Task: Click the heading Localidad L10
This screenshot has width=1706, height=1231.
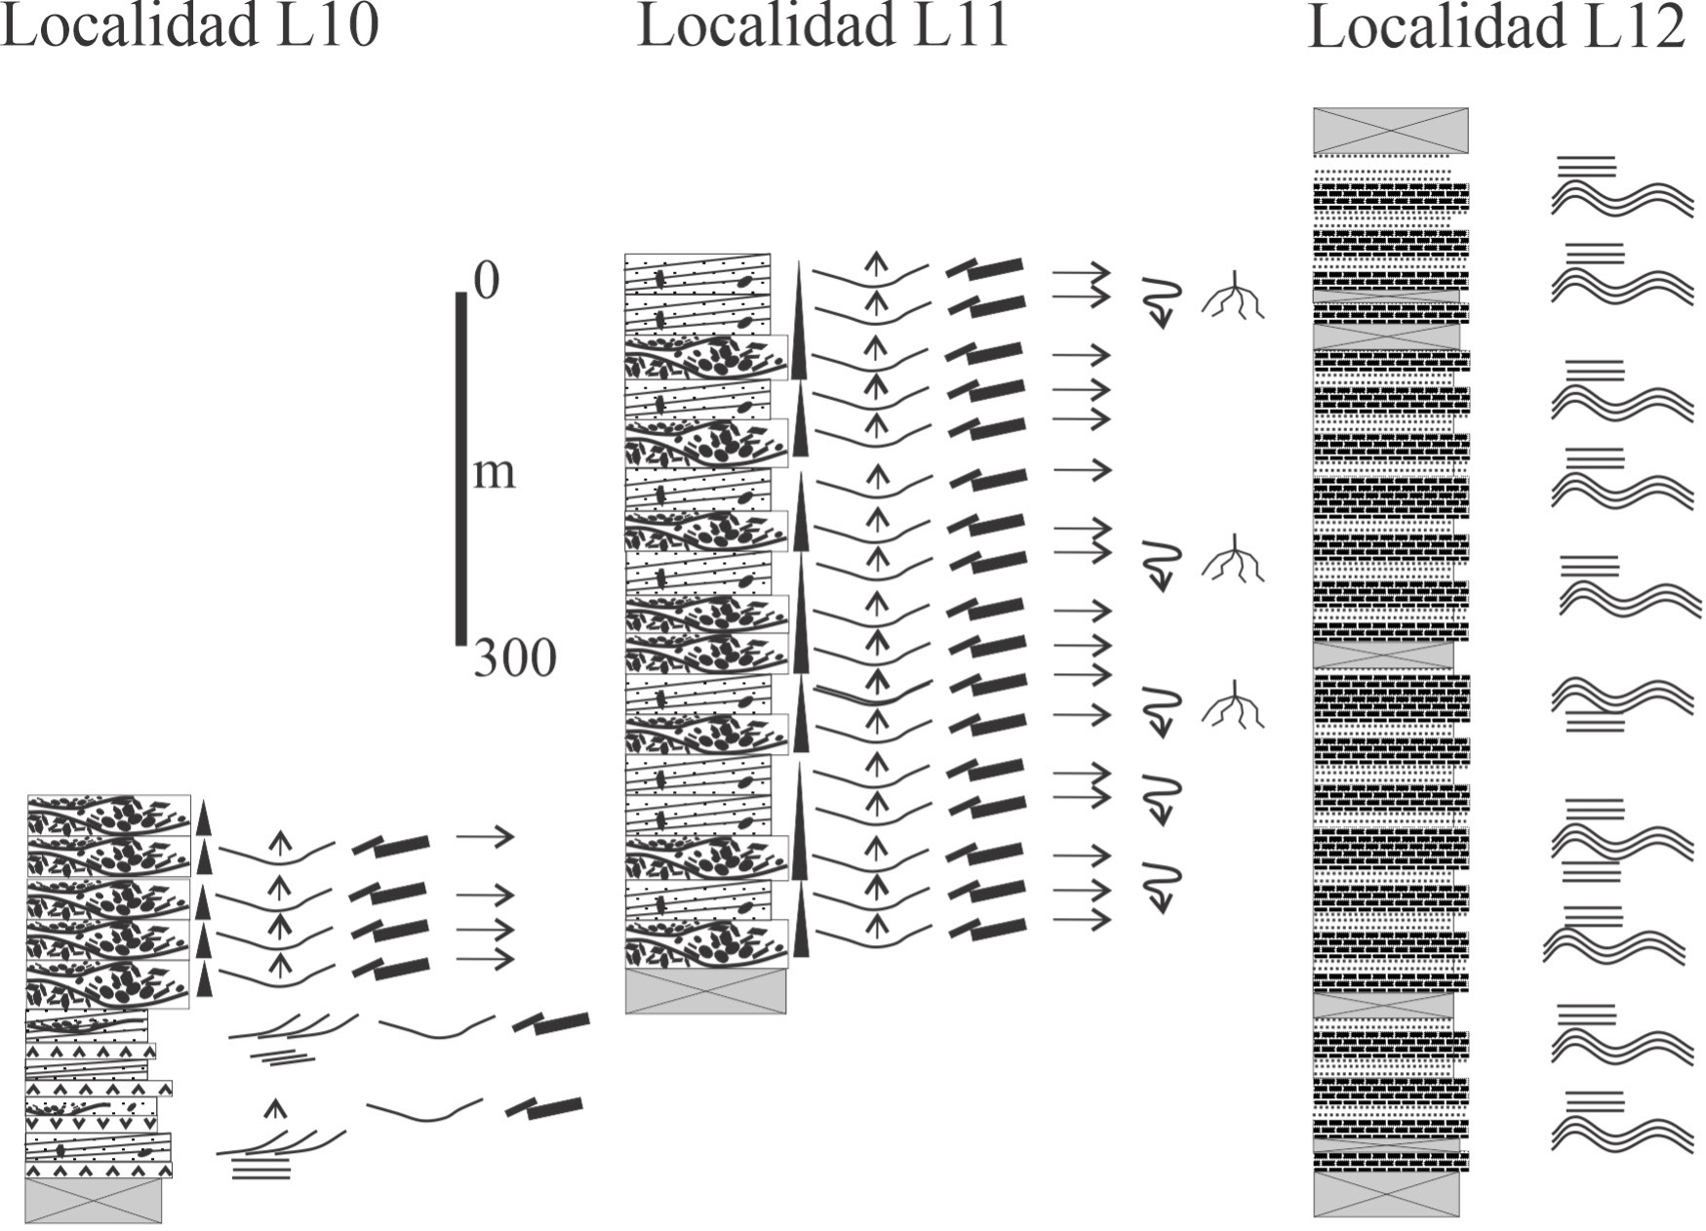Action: (x=188, y=25)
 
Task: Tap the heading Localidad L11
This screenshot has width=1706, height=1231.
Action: (x=823, y=25)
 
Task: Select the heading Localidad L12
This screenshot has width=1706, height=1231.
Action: (x=1496, y=26)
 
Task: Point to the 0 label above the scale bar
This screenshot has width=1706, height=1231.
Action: (x=487, y=281)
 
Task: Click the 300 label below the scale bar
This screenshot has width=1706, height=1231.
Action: (x=515, y=658)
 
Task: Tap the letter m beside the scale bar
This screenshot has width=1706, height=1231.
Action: (x=494, y=473)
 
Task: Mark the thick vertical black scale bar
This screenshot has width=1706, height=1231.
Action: (x=461, y=468)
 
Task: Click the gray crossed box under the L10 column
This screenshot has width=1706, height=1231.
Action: (x=94, y=1200)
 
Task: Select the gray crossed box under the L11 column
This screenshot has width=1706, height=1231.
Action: (x=705, y=991)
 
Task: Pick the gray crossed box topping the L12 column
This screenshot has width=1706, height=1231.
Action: (x=1390, y=131)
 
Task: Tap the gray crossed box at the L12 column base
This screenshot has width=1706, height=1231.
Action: (x=1386, y=1194)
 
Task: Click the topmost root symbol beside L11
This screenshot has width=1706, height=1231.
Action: (x=1234, y=295)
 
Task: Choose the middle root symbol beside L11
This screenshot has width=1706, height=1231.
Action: (x=1234, y=559)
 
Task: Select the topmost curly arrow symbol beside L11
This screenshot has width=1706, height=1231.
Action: (x=1162, y=301)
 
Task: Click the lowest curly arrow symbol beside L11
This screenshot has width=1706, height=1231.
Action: (x=1162, y=887)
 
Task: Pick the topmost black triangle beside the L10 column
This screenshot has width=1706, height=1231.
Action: (x=203, y=817)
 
